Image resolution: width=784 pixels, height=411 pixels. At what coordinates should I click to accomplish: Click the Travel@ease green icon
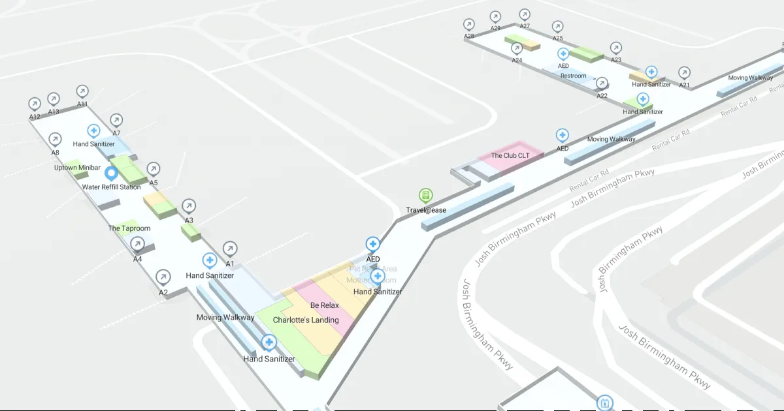426,195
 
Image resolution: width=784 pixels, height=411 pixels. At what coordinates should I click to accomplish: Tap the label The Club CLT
510,156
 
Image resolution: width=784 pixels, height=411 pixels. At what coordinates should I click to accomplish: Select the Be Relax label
324,305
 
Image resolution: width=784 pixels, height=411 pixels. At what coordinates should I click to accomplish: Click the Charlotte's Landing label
306,320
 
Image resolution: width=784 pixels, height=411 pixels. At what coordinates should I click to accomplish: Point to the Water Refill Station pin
111,174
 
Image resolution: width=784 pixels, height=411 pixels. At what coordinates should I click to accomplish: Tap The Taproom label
129,228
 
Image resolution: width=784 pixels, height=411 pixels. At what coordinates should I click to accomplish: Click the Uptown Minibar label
77,168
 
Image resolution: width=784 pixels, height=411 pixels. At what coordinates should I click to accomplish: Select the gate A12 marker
35,104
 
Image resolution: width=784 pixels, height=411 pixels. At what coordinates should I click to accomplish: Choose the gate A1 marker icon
230,249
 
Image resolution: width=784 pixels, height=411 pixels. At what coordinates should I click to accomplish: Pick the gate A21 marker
684,72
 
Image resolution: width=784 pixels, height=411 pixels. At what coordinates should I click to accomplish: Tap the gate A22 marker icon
602,84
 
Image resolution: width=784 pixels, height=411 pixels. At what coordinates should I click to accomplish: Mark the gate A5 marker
154,170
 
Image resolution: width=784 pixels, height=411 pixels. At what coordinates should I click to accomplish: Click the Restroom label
574,76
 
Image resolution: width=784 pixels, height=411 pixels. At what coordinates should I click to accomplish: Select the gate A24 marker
517,48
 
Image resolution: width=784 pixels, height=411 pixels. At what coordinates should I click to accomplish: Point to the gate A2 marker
163,277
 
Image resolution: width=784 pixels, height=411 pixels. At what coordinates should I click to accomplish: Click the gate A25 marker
557,27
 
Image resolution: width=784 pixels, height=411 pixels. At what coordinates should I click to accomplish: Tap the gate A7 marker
116,120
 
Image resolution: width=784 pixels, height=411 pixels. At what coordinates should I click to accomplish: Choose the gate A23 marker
616,48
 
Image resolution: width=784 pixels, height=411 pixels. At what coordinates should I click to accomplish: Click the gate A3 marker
189,206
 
